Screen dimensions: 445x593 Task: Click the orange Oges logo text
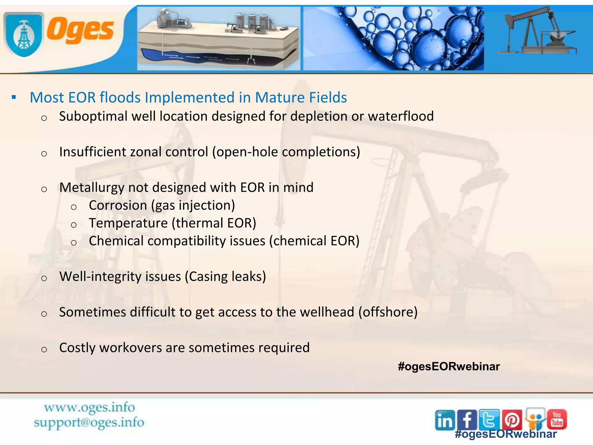[80, 31]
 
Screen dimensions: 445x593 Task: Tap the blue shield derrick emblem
[24, 34]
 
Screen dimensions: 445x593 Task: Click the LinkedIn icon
[445, 420]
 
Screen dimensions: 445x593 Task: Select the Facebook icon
[467, 420]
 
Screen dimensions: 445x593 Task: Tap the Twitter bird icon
[489, 420]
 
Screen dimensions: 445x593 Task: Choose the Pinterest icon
[512, 420]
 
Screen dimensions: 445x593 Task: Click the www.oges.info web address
[89, 408]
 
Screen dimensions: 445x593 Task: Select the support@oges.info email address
[89, 422]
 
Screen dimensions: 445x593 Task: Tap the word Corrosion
[118, 205]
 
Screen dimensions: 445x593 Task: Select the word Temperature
[128, 223]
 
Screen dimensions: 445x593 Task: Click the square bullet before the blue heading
[14, 97]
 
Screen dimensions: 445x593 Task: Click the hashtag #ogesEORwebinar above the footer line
[449, 366]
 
